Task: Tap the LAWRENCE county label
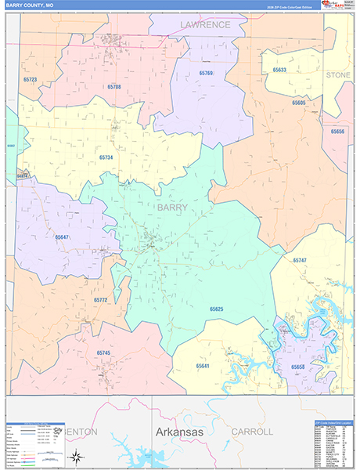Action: [206, 24]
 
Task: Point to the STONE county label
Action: [338, 74]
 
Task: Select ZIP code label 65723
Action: [31, 79]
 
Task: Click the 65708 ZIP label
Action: [114, 86]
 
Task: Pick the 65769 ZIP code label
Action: [206, 73]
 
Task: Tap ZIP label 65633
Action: [279, 70]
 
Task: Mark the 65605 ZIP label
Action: [299, 103]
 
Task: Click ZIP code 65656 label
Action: [338, 131]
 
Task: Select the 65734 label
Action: [106, 157]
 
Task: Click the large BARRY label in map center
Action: [171, 208]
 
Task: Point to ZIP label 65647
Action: [62, 236]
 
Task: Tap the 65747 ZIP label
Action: [300, 259]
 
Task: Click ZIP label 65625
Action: [217, 309]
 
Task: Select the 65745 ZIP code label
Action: [103, 352]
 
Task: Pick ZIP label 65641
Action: [203, 366]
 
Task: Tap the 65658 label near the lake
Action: [298, 367]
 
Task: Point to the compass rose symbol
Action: [76, 456]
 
